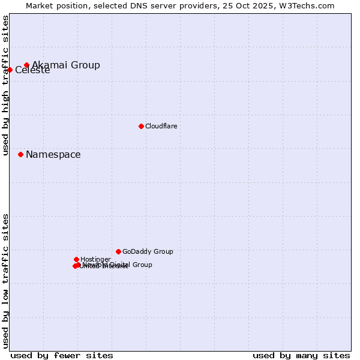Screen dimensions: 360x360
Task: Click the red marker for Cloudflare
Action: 141,126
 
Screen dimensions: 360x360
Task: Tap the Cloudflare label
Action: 161,126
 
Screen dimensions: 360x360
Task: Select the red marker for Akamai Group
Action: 26,65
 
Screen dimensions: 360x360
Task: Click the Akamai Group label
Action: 66,65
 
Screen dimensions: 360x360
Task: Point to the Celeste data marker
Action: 10,70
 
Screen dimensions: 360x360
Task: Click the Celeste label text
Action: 32,70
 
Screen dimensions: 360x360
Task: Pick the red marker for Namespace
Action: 20,154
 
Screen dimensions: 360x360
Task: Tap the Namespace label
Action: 53,154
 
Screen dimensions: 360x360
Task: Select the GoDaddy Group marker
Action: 118,251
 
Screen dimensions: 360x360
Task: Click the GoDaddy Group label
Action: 148,251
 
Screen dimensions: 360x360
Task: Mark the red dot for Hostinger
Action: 76,259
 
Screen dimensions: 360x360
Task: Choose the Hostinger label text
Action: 95,259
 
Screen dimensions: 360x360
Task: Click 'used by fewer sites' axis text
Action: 62,355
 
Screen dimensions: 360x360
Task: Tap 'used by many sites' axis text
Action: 301,355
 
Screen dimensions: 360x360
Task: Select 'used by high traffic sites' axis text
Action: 5,85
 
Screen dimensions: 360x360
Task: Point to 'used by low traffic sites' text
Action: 5,281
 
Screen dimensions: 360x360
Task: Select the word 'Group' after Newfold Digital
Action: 142,265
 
